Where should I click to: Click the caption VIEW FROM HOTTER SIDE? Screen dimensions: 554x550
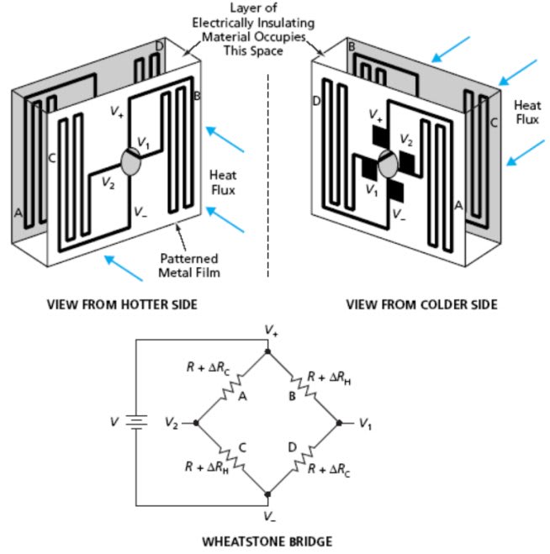pyautogui.click(x=121, y=304)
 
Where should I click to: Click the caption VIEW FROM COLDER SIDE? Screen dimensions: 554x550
pyautogui.click(x=421, y=304)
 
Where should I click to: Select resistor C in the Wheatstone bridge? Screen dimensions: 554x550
pyautogui.click(x=230, y=459)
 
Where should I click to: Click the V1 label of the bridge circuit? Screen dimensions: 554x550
pyautogui.click(x=365, y=423)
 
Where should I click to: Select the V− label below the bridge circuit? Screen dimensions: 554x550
pyautogui.click(x=269, y=514)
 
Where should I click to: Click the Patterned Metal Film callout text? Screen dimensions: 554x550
pyautogui.click(x=189, y=265)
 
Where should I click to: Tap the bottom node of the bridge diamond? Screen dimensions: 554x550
pyautogui.click(x=267, y=494)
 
